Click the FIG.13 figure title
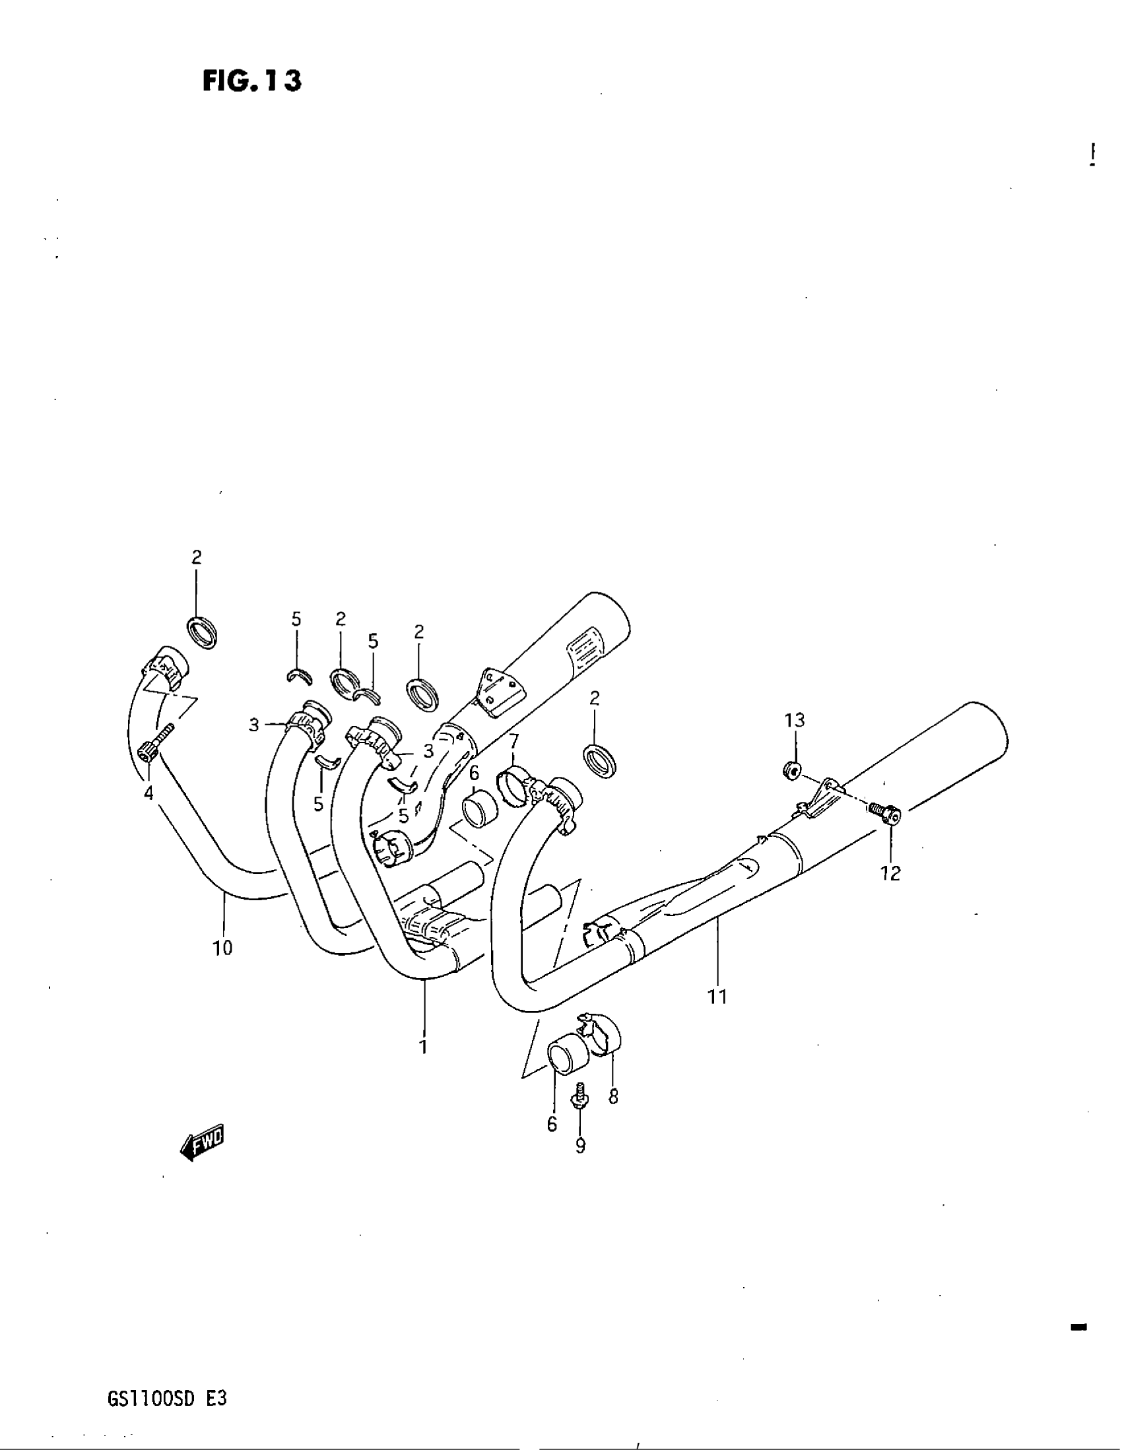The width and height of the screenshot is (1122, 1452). coord(252,81)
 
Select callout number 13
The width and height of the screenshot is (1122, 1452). coord(794,720)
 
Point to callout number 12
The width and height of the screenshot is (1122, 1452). coord(890,874)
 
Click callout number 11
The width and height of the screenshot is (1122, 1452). coord(718,1015)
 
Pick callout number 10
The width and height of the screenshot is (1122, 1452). coord(222,948)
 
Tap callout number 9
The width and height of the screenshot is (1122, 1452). coord(580,1146)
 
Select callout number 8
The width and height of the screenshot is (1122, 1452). coord(613,1096)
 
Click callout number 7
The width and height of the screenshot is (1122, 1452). coord(513,741)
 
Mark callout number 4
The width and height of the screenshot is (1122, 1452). coord(148,793)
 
